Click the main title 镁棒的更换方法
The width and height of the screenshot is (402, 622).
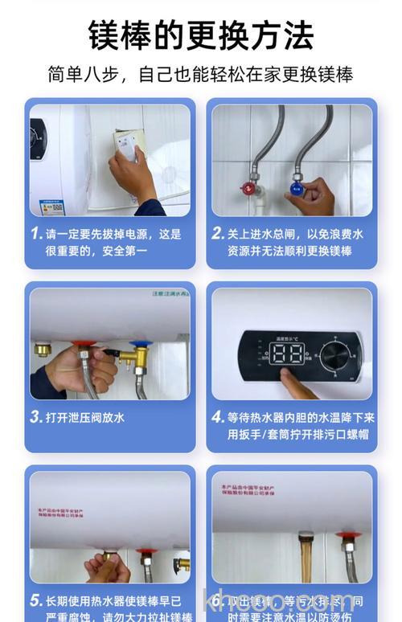tap(200, 35)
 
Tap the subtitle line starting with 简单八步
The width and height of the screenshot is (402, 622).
tap(200, 75)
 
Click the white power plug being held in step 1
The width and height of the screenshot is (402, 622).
tap(126, 145)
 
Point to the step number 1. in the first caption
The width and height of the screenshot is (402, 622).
tap(36, 234)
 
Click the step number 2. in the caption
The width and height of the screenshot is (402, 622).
tap(218, 234)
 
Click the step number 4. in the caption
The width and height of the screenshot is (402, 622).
tap(218, 417)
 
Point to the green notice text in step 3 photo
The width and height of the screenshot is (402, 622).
tap(165, 293)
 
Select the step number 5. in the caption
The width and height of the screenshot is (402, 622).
tap(36, 600)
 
